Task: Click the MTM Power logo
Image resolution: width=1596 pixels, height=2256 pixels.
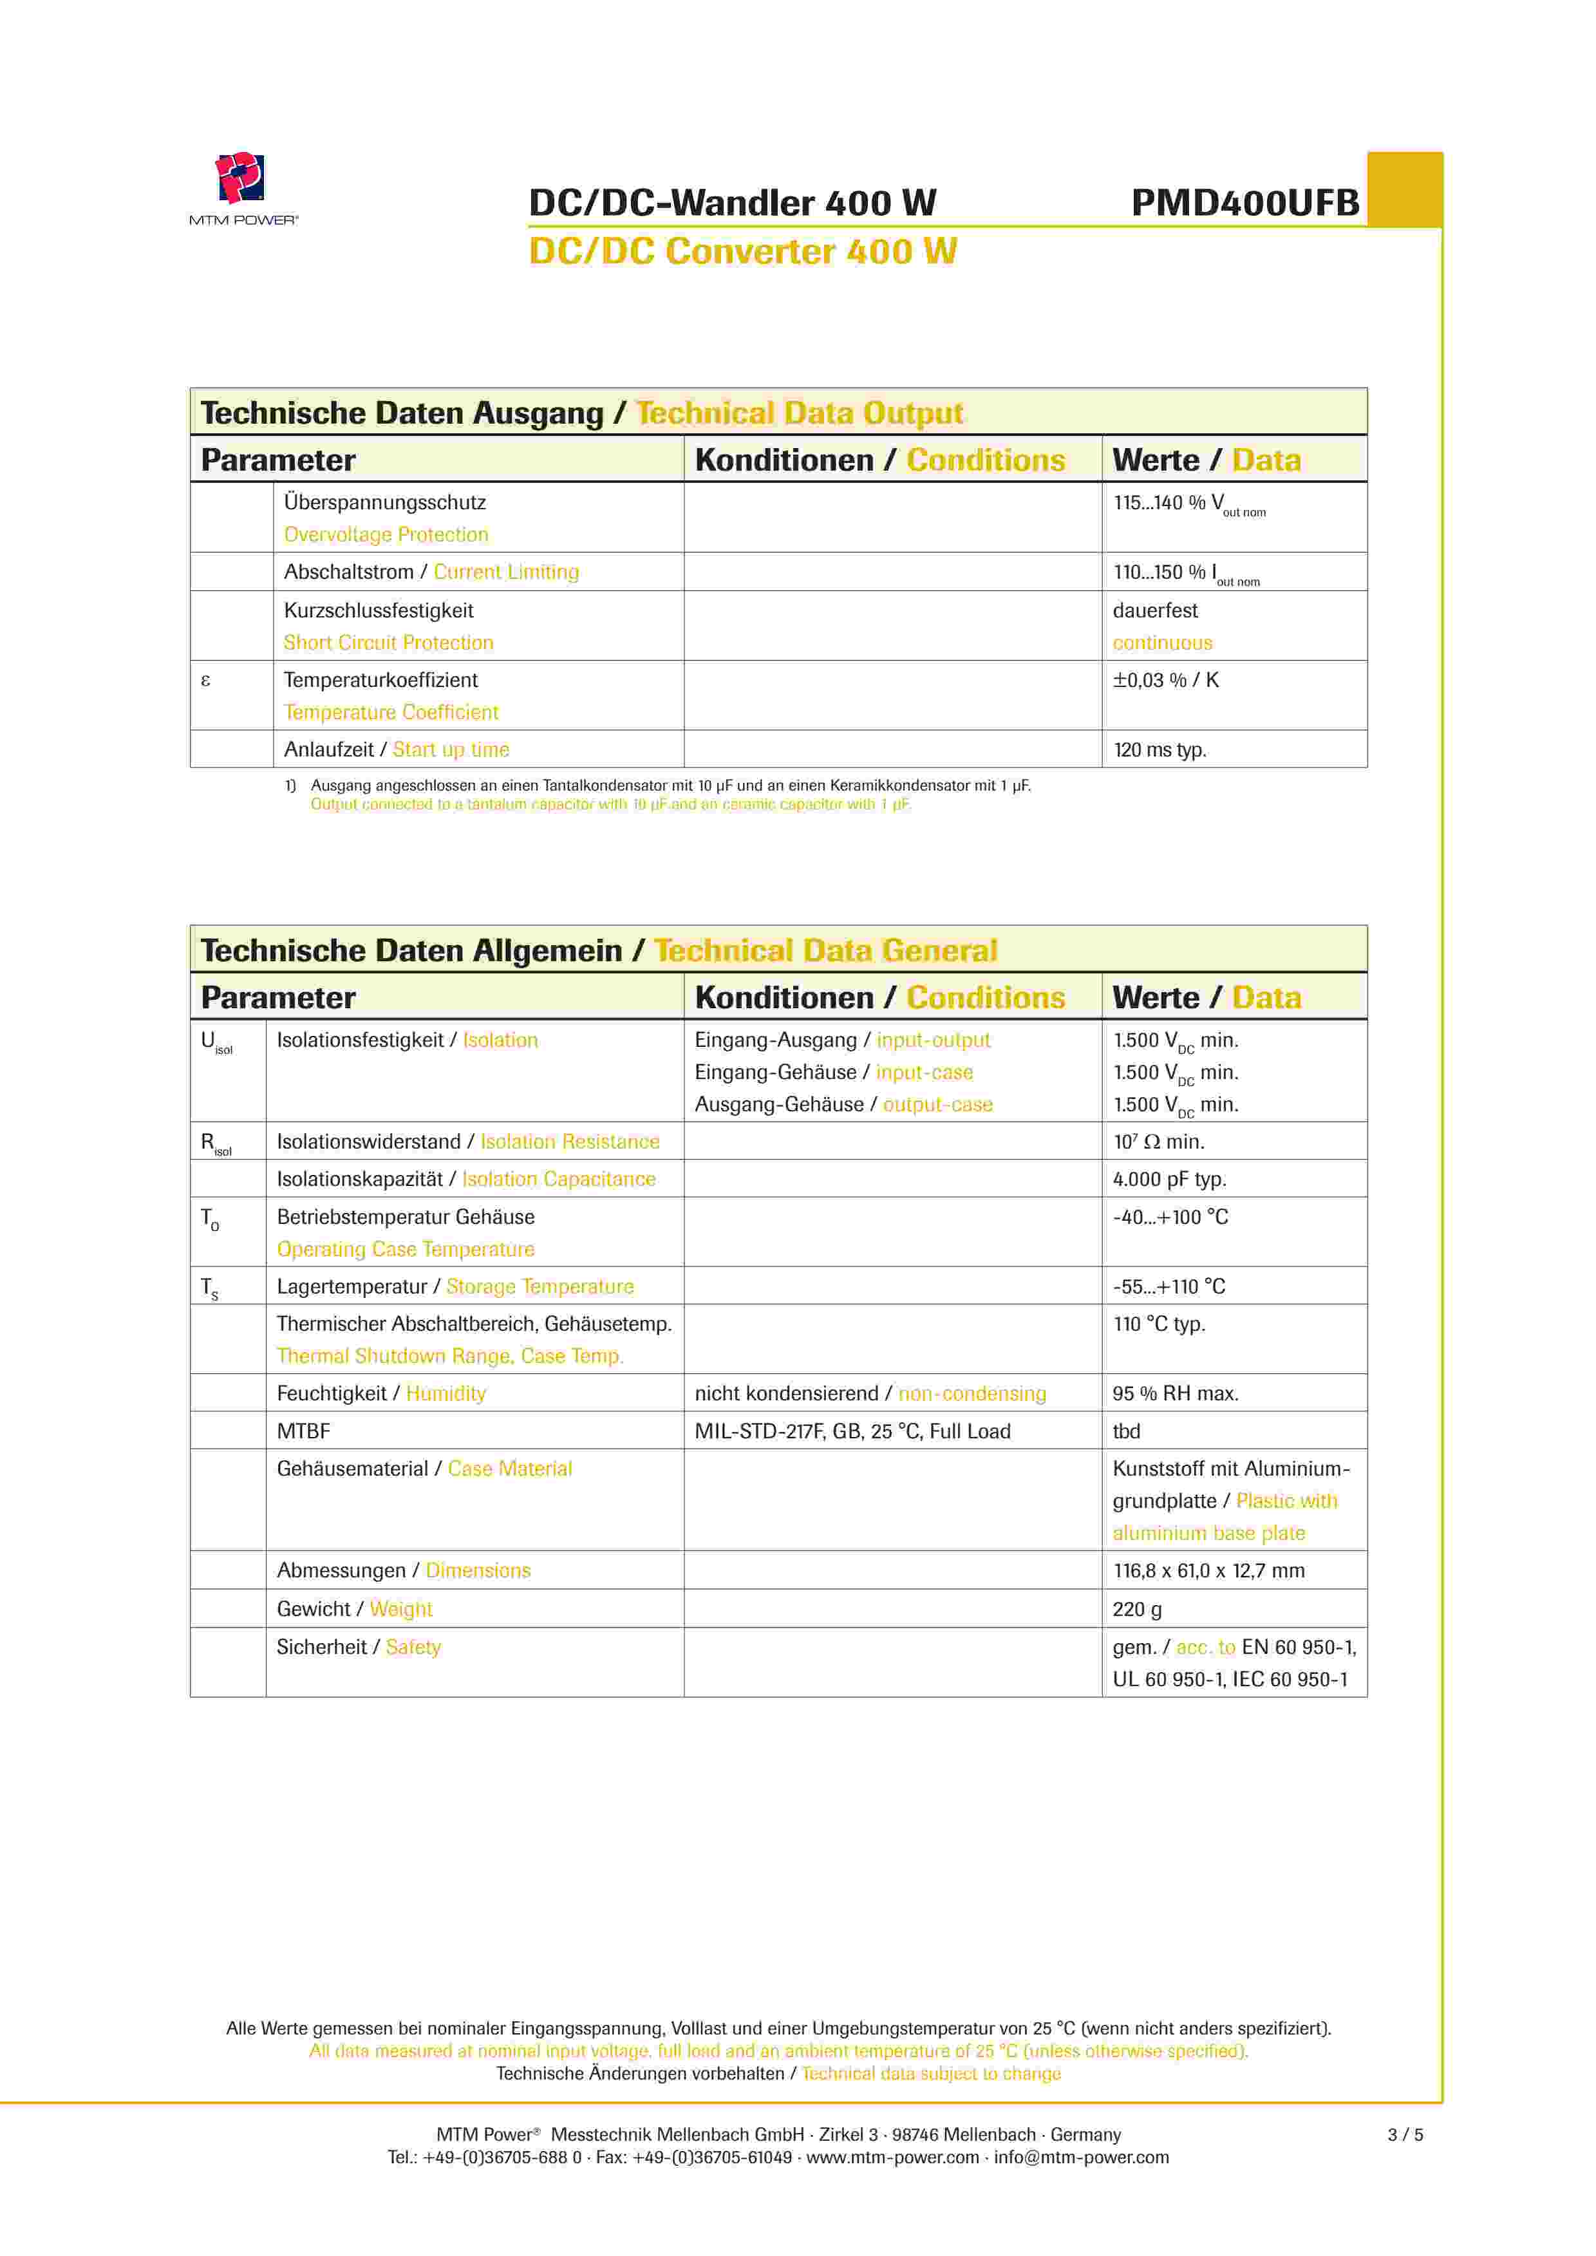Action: [x=242, y=187]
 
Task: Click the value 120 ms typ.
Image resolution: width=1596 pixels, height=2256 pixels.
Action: [x=1159, y=749]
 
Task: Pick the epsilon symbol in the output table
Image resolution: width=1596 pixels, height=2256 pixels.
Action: [x=205, y=680]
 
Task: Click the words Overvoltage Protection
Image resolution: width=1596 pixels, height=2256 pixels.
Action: [x=385, y=534]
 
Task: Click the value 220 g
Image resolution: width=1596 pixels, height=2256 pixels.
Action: [x=1137, y=1608]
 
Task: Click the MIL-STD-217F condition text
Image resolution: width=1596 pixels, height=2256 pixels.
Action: [x=851, y=1431]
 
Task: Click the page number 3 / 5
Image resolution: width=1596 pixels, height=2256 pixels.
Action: [x=1404, y=2134]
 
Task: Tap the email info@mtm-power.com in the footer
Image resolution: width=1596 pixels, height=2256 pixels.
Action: [x=1081, y=2157]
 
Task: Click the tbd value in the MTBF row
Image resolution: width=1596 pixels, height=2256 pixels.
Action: [x=1126, y=1431]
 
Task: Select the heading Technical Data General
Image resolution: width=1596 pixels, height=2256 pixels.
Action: [x=825, y=950]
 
